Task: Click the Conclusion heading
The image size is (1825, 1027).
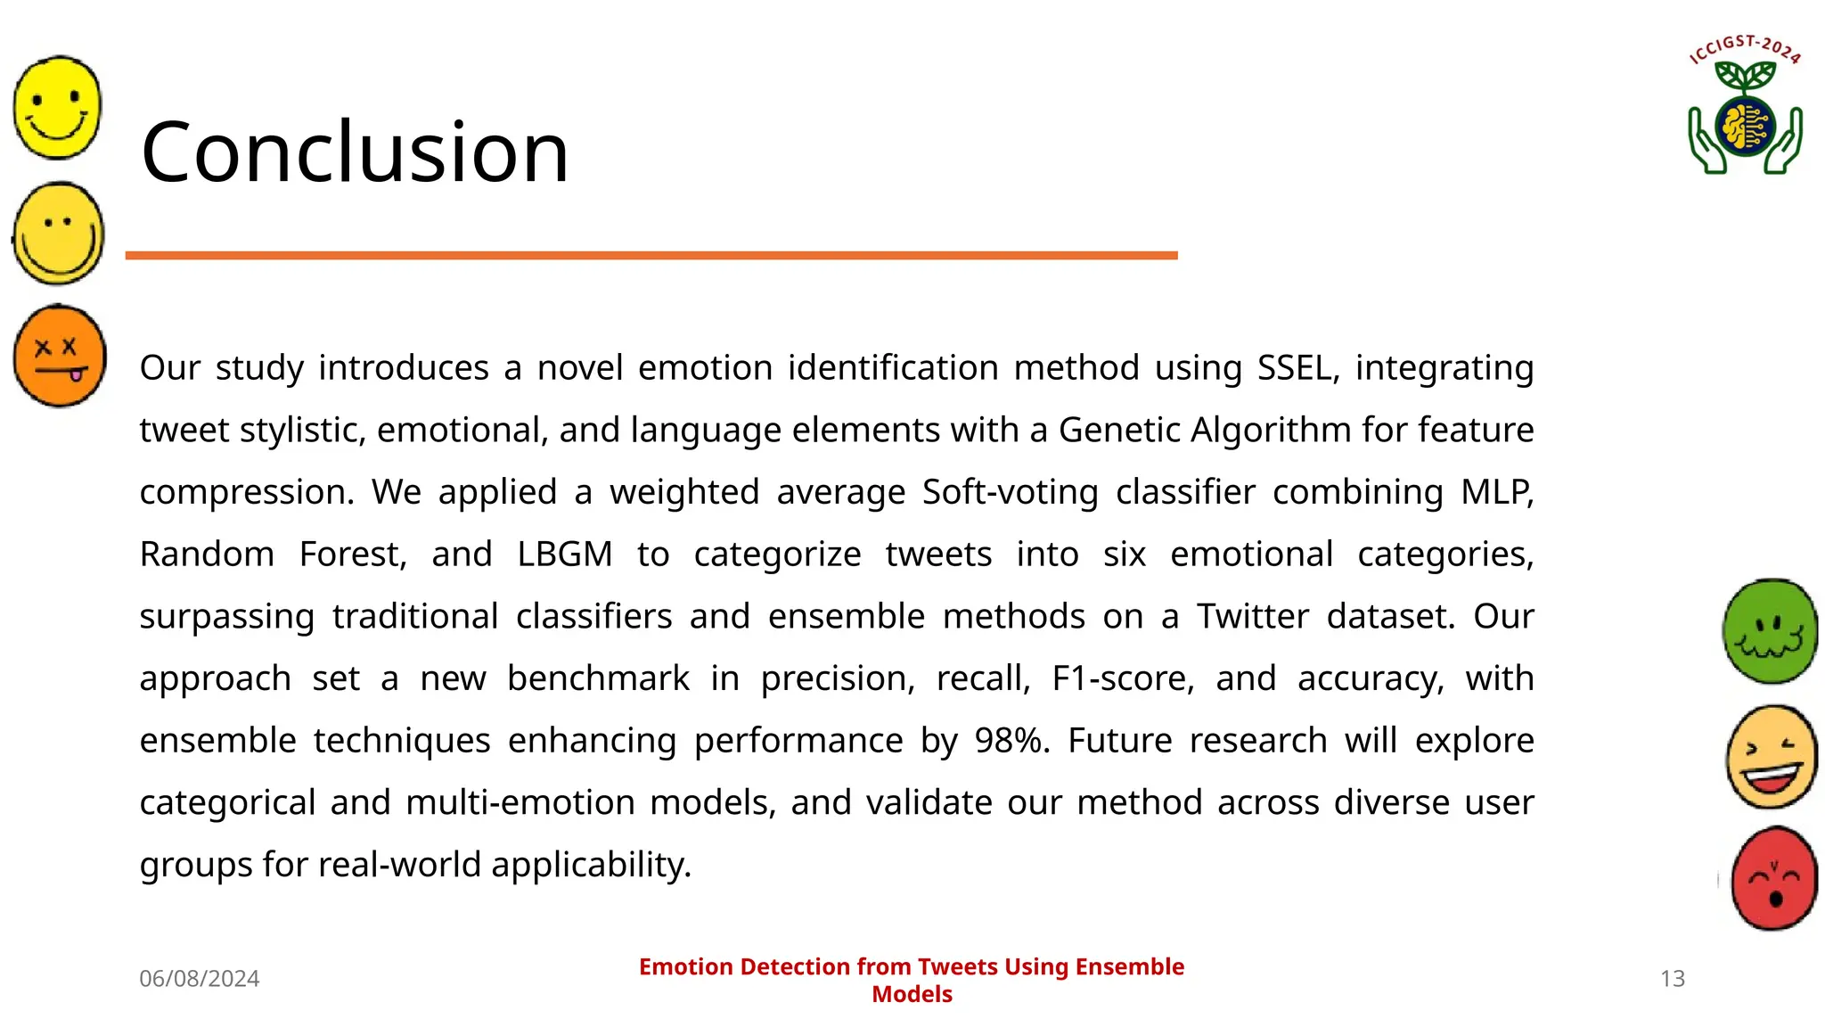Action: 355,152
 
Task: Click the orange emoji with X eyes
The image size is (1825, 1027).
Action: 60,357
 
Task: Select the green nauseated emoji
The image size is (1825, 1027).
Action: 1770,631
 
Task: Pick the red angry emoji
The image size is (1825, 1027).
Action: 1773,879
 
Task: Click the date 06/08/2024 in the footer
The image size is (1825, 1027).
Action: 199,978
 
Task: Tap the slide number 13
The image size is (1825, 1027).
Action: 1673,978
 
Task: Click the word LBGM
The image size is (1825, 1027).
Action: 564,555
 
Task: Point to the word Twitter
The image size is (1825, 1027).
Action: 1252,617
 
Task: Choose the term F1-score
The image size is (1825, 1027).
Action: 1122,678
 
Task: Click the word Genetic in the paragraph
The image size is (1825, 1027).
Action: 1120,431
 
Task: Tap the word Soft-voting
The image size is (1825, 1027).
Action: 1010,492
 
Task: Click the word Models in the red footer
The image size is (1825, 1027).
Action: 912,994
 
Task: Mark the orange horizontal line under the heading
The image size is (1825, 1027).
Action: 651,256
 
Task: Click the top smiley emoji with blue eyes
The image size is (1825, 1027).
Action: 58,108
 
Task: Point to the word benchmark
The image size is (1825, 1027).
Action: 598,678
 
